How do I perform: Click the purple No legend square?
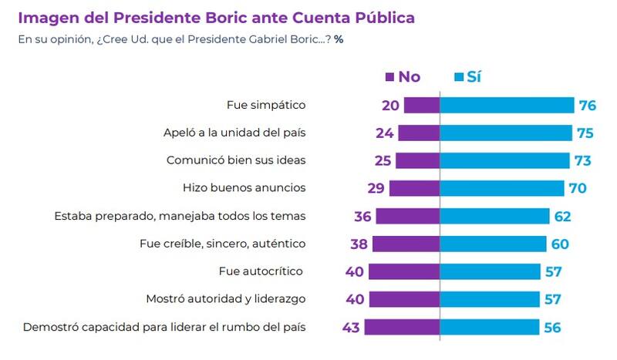pos(389,76)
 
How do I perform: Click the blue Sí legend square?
pos(457,76)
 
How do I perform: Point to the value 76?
pos(586,106)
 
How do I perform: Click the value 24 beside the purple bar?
pos(385,133)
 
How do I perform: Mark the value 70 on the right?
pos(578,188)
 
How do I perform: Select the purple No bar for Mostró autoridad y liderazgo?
pos(404,299)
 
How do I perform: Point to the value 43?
pos(351,327)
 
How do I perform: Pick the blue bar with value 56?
pos(490,327)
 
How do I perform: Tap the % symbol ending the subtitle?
pos(339,39)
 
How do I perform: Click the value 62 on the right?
pos(561,216)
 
